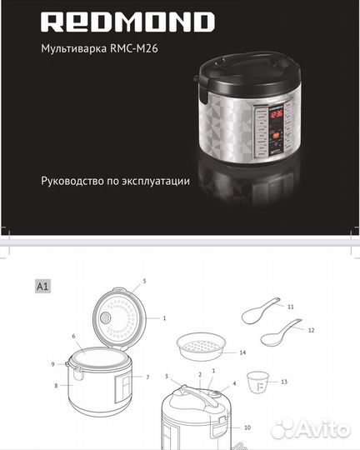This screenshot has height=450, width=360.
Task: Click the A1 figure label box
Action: tap(42, 285)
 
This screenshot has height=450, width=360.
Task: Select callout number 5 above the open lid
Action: tap(144, 282)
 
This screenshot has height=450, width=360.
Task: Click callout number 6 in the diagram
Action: tap(74, 337)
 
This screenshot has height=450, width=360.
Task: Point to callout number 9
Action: tap(52, 364)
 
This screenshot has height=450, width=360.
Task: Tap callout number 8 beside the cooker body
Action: tap(57, 386)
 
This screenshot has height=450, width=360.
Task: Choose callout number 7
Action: tap(147, 377)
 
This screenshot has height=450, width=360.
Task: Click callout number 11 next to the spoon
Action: tap(291, 307)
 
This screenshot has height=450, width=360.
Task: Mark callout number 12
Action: tap(311, 331)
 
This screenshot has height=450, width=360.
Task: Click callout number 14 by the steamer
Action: tap(242, 352)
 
